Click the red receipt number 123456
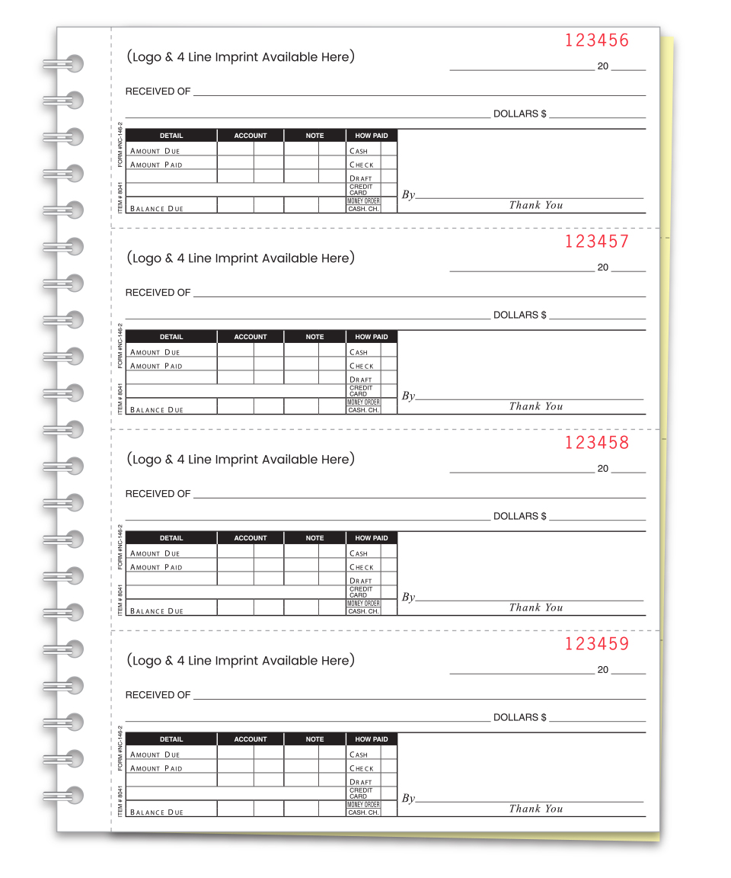597,41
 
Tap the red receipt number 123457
597,242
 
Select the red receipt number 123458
597,444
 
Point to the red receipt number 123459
597,645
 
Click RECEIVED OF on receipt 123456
158,91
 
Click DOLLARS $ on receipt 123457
519,315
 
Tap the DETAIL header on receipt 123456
171,136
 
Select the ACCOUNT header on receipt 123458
251,538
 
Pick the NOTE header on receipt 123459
314,739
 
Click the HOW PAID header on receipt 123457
372,337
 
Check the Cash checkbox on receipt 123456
388,150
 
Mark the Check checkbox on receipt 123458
388,566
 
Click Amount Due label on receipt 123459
155,755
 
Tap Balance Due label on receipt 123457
157,410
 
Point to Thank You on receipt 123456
536,205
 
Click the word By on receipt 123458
408,598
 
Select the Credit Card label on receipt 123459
361,793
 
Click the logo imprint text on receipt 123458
241,460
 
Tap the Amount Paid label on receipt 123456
156,165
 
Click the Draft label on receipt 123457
361,380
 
